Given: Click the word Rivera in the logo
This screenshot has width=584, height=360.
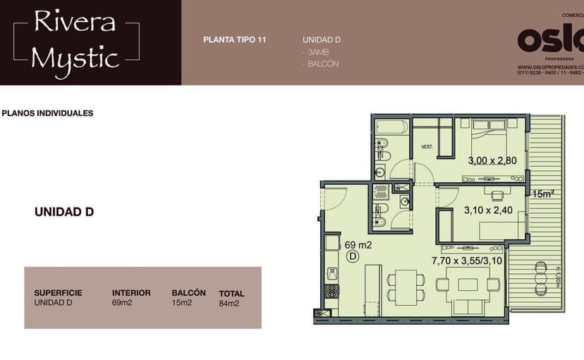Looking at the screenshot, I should click(75, 23).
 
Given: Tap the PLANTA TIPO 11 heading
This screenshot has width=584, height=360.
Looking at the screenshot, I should click(234, 40).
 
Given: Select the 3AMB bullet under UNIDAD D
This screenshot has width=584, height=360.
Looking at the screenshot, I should click(316, 52).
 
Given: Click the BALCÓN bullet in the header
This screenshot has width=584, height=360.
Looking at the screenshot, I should click(321, 64).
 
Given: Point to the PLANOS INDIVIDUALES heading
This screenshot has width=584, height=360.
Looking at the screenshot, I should click(48, 113).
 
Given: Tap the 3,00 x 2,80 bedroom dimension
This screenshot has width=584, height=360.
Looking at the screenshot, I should click(492, 160).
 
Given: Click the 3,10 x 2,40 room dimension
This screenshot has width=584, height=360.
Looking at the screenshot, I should click(488, 210).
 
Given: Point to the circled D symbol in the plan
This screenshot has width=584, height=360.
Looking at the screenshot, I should click(352, 257).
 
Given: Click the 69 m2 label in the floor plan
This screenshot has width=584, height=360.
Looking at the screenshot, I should click(358, 245).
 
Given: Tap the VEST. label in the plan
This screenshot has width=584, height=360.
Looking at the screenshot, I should click(427, 147).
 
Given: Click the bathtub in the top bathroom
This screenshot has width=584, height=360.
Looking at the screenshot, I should click(391, 128).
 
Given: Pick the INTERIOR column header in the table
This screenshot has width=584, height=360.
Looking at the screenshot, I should click(131, 292).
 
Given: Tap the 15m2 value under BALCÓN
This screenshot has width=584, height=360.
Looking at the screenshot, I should click(181, 303).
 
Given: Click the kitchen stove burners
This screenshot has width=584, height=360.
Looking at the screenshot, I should click(330, 289).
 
